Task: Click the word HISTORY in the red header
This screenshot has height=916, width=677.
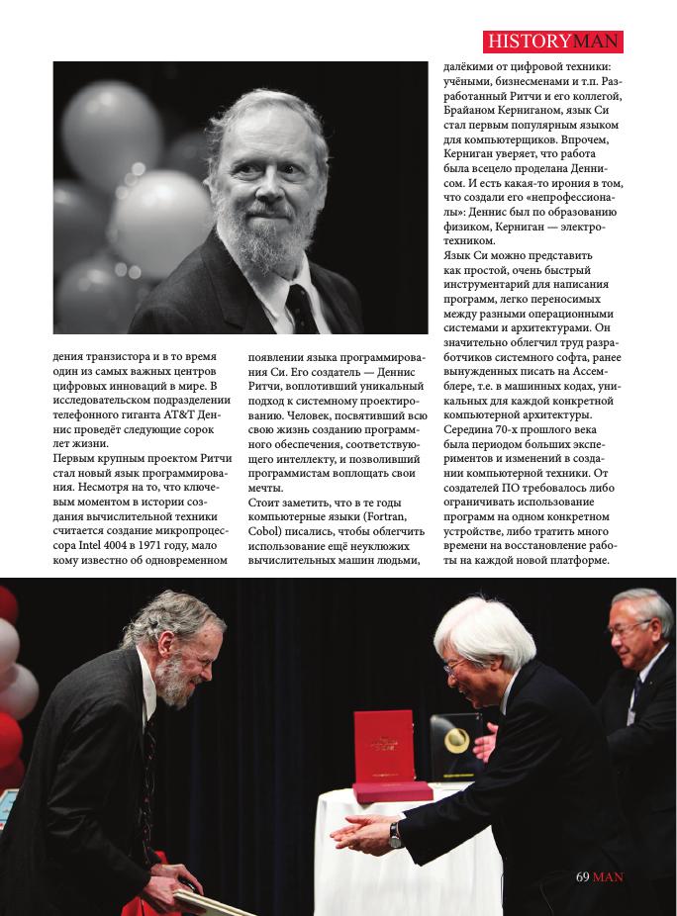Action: pyautogui.click(x=529, y=42)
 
